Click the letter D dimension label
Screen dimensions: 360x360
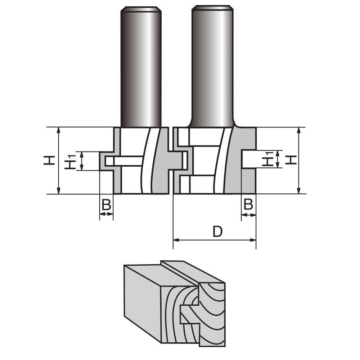pos(217,232)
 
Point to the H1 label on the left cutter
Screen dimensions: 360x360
pos(70,161)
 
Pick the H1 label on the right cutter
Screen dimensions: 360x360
pos(267,159)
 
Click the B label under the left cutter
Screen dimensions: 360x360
pos(106,205)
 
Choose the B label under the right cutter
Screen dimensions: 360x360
pos(248,204)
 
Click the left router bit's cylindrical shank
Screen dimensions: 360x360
pos(141,68)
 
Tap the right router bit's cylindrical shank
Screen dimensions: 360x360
pos(212,67)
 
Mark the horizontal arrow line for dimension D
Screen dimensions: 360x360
pos(215,240)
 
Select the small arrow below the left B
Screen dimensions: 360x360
pos(106,214)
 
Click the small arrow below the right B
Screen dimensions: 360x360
pos(248,215)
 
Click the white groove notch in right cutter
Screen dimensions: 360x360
pos(248,159)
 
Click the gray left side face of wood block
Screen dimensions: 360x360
pos(142,302)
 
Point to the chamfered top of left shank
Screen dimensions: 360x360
pos(141,9)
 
